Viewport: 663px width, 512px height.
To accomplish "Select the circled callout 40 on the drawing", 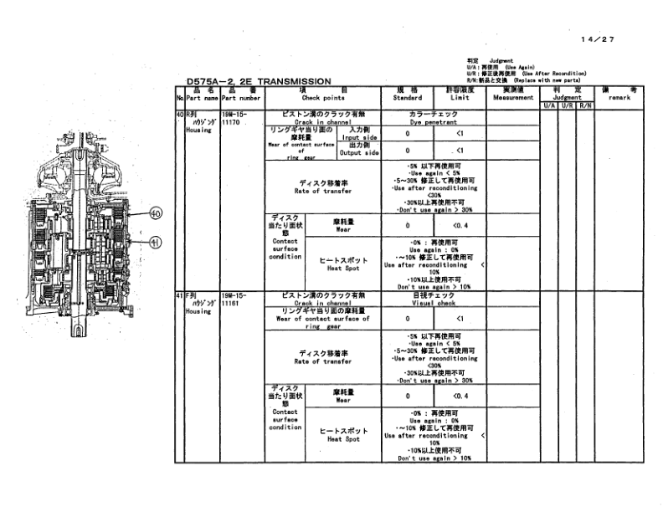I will (155, 213).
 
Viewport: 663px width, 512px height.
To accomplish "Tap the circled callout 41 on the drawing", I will (155, 243).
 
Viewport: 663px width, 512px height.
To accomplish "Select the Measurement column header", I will (512, 98).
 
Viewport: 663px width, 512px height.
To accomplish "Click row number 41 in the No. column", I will (178, 295).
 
